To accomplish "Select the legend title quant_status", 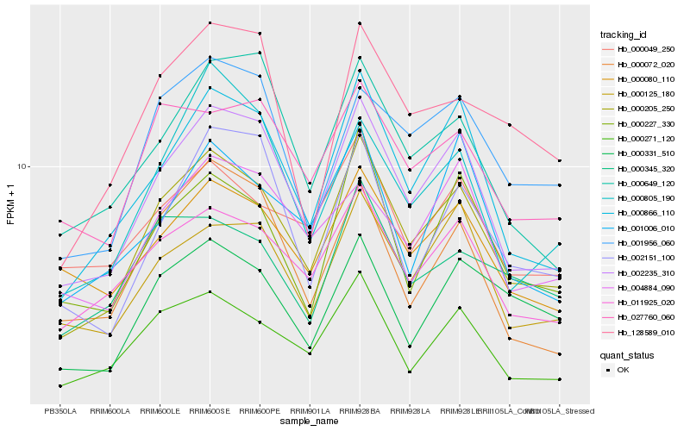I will pyautogui.click(x=627, y=354).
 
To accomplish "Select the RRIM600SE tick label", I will pyautogui.click(x=210, y=411).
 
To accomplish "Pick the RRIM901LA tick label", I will pyautogui.click(x=310, y=411).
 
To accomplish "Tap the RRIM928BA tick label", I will pyautogui.click(x=360, y=411).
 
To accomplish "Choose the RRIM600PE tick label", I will pyautogui.click(x=260, y=411).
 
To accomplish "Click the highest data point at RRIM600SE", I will pyautogui.click(x=210, y=23).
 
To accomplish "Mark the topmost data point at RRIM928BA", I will pyautogui.click(x=360, y=23).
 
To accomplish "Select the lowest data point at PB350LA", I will pyautogui.click(x=60, y=385).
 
